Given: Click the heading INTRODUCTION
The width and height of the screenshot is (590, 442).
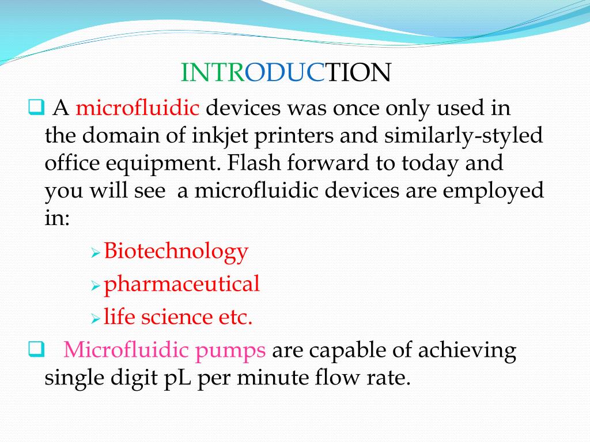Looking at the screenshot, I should pyautogui.click(x=286, y=73).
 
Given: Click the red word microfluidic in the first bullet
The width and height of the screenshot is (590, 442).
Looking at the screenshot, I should pyautogui.click(x=138, y=108).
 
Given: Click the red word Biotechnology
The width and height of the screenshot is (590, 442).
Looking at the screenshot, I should pyautogui.click(x=176, y=251).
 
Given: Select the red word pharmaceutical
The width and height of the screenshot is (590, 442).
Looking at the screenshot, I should pyautogui.click(x=181, y=284).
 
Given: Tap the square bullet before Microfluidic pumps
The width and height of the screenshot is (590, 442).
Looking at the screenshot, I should pyautogui.click(x=35, y=348).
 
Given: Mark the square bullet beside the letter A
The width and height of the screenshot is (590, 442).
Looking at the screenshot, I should pyautogui.click(x=35, y=106).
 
